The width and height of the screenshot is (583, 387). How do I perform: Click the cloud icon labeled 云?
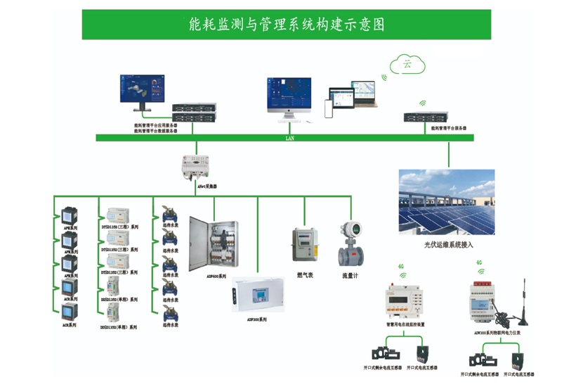coord(407,64)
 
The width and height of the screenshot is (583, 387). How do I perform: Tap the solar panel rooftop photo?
coord(446,202)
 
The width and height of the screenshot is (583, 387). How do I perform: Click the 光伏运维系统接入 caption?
coord(449,244)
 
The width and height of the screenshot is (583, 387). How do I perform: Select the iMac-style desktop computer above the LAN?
coord(288,99)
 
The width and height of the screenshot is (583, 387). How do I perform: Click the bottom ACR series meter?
coord(69,312)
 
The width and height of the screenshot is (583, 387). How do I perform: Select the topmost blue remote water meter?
coord(169,214)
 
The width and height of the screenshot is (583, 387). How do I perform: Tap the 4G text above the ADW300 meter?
coord(479,262)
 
